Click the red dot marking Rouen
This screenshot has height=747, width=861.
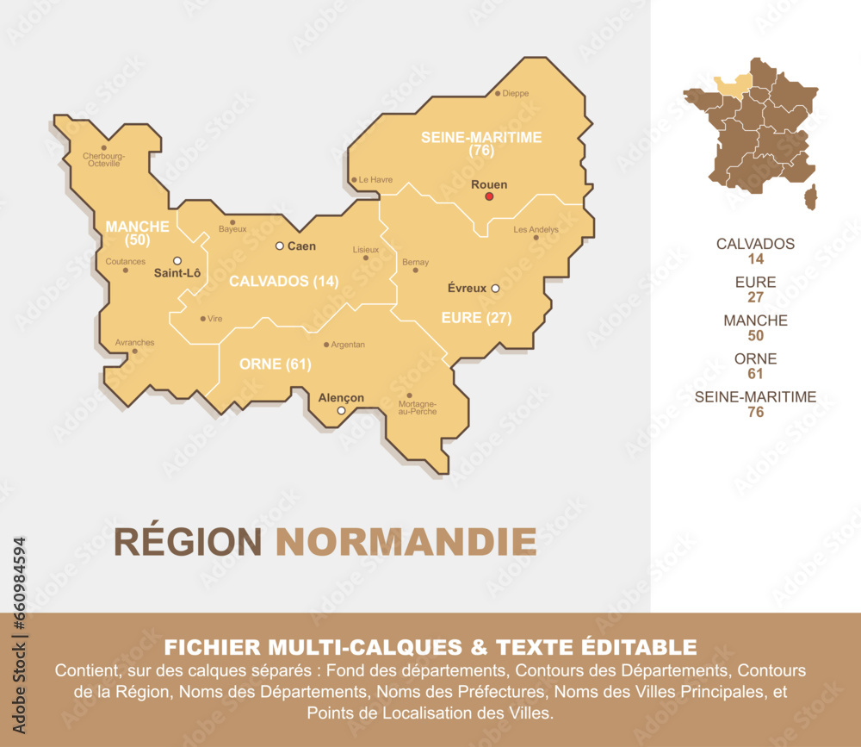click(x=489, y=196)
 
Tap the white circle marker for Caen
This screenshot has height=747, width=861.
click(x=279, y=246)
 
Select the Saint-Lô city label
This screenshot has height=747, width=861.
click(x=177, y=274)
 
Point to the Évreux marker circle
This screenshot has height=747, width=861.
click(x=495, y=289)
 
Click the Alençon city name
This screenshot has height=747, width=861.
click(x=341, y=397)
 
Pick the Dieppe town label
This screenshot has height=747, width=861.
click(x=516, y=93)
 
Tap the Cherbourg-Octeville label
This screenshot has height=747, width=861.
click(x=103, y=159)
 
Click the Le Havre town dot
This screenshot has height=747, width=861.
click(x=354, y=180)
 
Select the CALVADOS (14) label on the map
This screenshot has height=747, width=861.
click(x=283, y=281)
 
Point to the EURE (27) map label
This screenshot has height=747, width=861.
click(x=476, y=318)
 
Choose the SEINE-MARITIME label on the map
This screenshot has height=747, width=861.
click(x=480, y=138)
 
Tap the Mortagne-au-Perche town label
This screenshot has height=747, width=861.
click(x=417, y=408)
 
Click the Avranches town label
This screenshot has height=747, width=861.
click(x=134, y=342)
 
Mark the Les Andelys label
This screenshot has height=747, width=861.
click(x=536, y=230)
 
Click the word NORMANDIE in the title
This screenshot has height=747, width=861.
click(x=406, y=542)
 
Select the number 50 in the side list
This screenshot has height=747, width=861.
click(x=755, y=335)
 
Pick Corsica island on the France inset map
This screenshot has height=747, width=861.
click(x=810, y=196)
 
